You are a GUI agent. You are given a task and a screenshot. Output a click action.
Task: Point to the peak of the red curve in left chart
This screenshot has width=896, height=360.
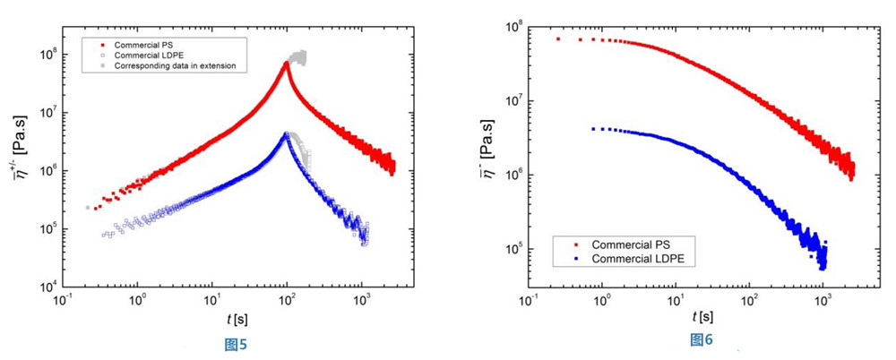(287, 63)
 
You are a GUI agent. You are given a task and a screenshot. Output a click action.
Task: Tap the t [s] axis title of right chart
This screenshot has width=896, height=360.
(701, 318)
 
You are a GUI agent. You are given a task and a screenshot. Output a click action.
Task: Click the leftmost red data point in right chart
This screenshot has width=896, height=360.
(557, 39)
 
